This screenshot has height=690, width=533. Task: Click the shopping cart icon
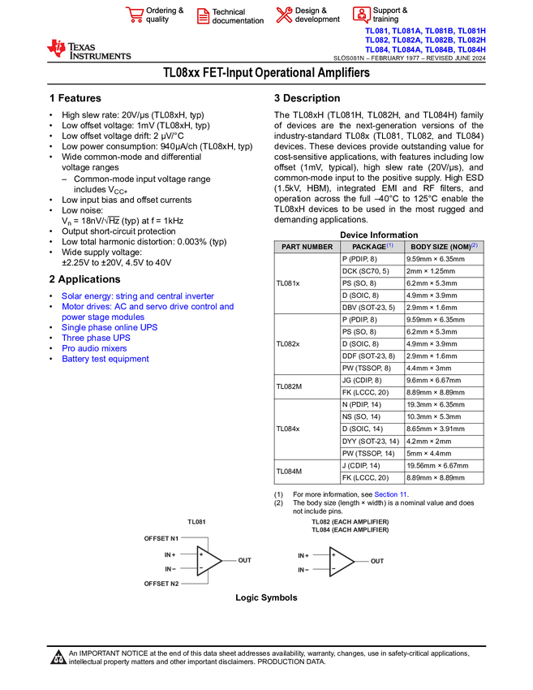pos(134,15)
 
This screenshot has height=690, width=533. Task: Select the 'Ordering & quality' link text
pos(165,15)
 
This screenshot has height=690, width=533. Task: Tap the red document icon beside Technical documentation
pos(203,15)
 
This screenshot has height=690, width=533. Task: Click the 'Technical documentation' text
pos(238,16)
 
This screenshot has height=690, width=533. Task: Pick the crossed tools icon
pos(283,15)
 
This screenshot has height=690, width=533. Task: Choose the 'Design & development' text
pos(317,15)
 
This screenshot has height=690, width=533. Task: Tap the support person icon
pos(361,15)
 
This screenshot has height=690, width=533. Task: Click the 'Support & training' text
pos(390,15)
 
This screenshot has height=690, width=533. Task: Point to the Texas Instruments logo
pos(88,50)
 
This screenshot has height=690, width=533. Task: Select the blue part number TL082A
pos(407,40)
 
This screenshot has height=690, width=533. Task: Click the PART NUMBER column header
pos(307,247)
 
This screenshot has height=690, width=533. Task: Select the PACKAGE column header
pos(372,247)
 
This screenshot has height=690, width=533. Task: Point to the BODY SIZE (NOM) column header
pos(444,247)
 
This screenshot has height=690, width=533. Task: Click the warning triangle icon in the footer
pos(58,658)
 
